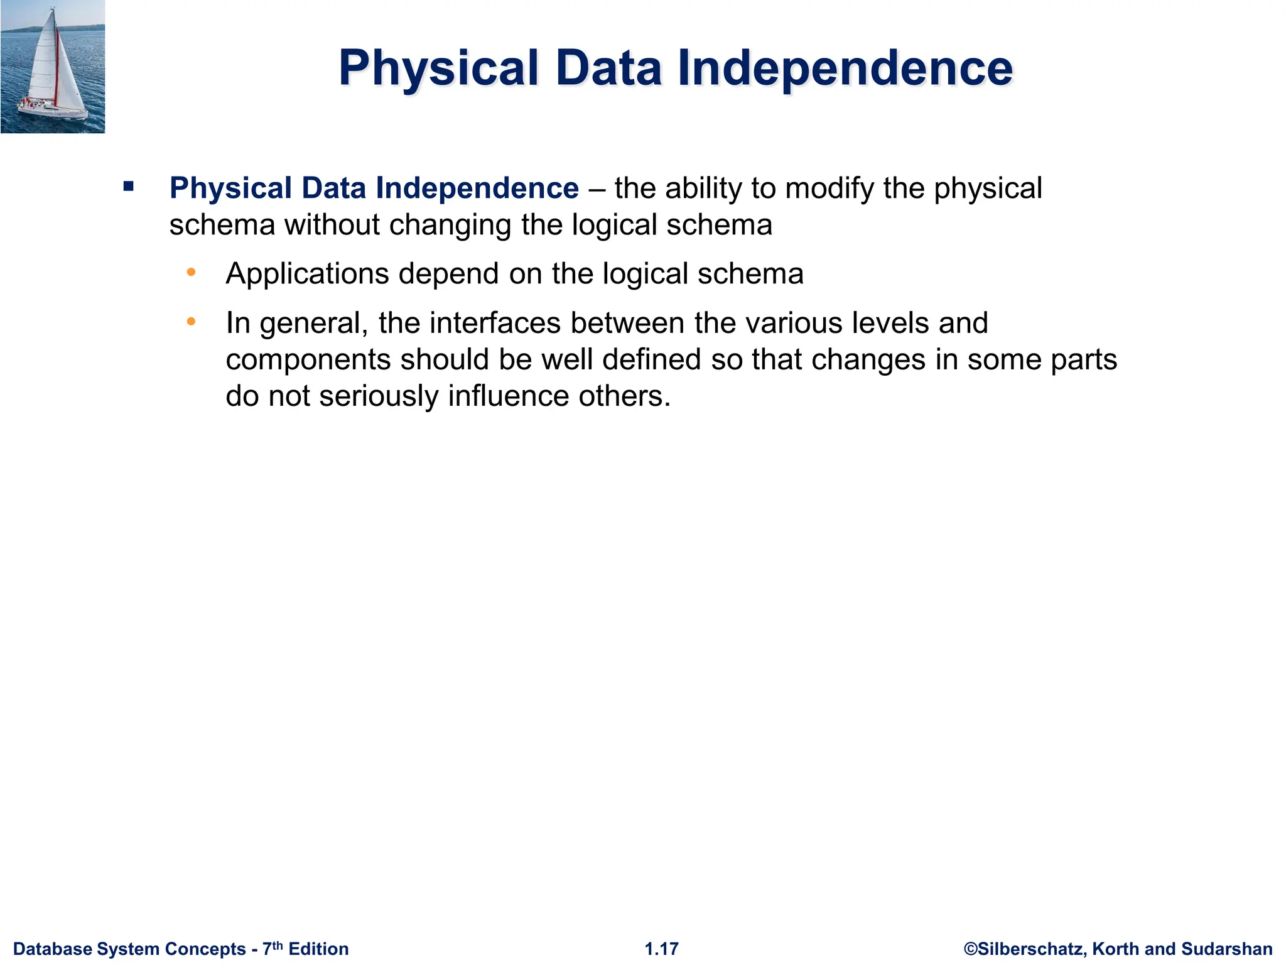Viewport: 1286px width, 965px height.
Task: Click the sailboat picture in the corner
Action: [53, 67]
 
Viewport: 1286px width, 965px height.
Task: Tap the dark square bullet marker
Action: [129, 186]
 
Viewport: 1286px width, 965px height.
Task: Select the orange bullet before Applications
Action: [192, 273]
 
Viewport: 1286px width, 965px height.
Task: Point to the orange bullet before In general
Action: [192, 322]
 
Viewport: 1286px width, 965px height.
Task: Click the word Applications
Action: [307, 274]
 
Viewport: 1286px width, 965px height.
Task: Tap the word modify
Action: [829, 188]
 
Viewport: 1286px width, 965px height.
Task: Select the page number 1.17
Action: [662, 949]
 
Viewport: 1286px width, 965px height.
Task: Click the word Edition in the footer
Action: [318, 949]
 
